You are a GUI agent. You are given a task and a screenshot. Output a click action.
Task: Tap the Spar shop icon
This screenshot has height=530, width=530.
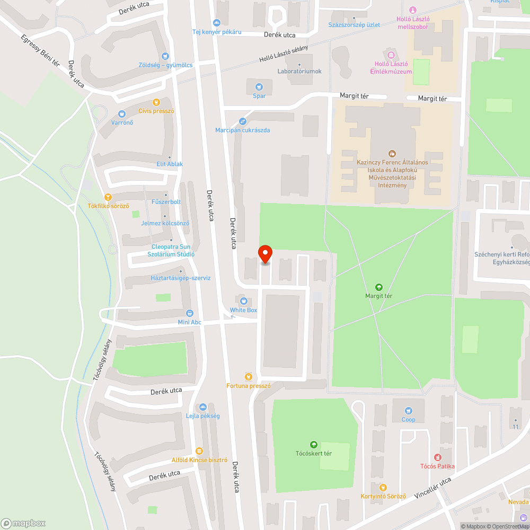[259, 86]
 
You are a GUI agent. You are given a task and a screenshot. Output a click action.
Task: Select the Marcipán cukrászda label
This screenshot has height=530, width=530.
[243, 130]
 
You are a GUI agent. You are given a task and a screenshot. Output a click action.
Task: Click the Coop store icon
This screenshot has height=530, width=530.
[408, 410]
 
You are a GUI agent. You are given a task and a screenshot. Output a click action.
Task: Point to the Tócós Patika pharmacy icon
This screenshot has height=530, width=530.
[438, 457]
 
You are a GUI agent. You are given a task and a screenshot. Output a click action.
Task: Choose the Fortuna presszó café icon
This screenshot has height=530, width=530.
[248, 376]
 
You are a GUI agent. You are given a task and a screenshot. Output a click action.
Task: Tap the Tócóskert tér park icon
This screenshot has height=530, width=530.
[313, 444]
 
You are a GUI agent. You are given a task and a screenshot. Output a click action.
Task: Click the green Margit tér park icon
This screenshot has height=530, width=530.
[378, 287]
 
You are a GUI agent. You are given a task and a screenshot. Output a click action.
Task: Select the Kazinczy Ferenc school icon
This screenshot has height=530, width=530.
[392, 153]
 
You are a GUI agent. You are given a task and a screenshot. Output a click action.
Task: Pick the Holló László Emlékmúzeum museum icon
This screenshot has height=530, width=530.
[391, 55]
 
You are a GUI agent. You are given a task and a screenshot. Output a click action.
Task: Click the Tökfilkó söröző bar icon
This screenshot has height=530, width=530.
[108, 197]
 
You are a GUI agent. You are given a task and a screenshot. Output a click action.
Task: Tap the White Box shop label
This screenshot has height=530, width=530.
[243, 310]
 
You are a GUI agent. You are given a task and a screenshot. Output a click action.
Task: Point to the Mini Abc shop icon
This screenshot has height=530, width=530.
[190, 313]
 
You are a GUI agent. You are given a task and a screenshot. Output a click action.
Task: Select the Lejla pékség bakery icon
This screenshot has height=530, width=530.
[202, 407]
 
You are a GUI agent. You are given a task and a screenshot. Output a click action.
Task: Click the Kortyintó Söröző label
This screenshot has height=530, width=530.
[383, 496]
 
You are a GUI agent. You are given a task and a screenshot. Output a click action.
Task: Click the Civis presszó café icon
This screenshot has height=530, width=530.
[156, 102]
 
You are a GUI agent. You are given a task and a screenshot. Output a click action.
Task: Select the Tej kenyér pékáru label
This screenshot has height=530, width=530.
[216, 32]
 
